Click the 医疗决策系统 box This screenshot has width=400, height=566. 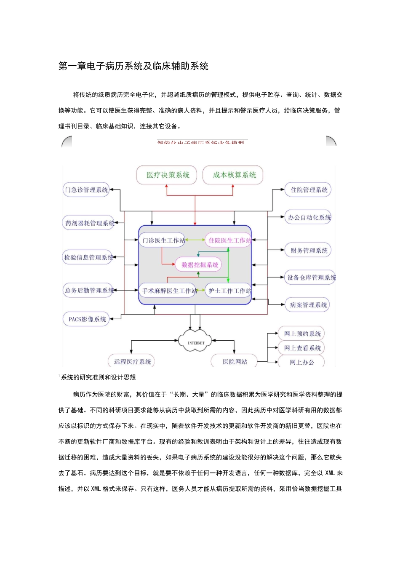click(168, 175)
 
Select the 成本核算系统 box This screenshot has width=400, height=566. click(234, 175)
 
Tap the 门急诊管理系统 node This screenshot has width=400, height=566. click(86, 190)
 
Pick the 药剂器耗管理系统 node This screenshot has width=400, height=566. click(89, 223)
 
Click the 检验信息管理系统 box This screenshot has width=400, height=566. click(88, 257)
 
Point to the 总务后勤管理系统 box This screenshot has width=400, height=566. click(89, 291)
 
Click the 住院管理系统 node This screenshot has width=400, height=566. click(309, 190)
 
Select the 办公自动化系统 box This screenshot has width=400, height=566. click(309, 218)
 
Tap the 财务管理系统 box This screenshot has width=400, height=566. click(309, 251)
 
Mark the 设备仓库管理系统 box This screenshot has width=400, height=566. click(311, 278)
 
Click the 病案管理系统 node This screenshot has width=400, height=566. click(308, 305)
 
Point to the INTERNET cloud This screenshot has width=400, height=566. click(196, 342)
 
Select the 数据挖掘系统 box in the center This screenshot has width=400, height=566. click(200, 265)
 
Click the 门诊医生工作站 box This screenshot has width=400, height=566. click(163, 240)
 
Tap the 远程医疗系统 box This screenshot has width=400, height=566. click(132, 361)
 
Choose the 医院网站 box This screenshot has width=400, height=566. click(235, 361)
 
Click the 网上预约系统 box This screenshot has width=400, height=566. click(302, 334)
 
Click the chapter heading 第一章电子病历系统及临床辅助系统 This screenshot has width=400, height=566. click(133, 66)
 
